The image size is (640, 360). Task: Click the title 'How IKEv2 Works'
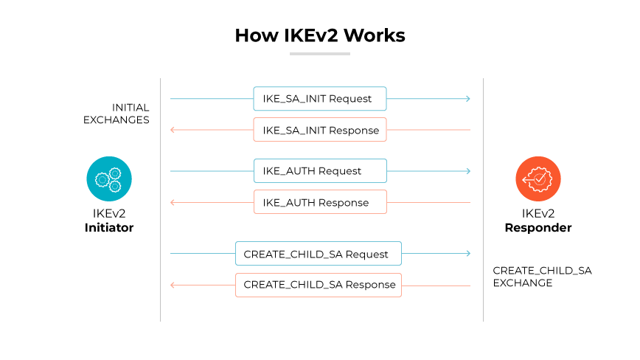(x=319, y=35)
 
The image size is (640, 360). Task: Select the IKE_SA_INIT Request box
(x=320, y=98)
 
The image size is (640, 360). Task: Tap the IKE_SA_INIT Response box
(x=320, y=130)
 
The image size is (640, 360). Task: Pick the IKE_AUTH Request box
(x=320, y=170)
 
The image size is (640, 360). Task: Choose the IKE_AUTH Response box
(x=320, y=202)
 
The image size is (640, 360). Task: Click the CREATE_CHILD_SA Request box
(x=318, y=254)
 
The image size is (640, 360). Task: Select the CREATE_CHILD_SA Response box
(x=318, y=285)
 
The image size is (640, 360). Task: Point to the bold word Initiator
(x=109, y=228)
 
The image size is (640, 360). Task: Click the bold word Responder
(x=538, y=228)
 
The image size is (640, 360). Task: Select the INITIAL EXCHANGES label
(x=116, y=114)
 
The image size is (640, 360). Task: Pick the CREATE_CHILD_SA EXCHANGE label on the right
(x=542, y=277)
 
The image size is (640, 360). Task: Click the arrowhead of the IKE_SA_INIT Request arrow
(x=467, y=98)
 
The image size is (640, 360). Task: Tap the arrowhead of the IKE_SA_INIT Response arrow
(x=173, y=130)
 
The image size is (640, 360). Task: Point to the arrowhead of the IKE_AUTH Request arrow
(x=467, y=170)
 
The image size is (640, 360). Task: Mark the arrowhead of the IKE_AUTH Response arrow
(x=173, y=202)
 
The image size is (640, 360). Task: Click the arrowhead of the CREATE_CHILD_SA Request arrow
(x=467, y=254)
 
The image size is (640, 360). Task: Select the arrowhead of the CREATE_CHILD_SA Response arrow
(x=173, y=285)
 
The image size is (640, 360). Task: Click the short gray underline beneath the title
(x=319, y=54)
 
